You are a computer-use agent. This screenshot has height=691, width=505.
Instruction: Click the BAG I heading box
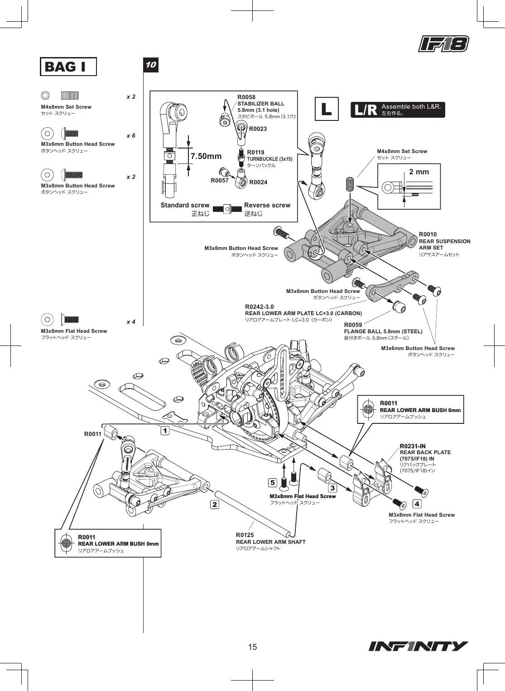(68, 67)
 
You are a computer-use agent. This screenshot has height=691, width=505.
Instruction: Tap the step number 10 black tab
(151, 65)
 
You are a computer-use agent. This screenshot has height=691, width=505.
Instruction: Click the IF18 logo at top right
(443, 44)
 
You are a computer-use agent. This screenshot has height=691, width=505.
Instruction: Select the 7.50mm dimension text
(206, 156)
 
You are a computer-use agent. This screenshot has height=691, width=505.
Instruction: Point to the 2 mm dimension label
(419, 172)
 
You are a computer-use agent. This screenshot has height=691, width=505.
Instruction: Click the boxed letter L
(327, 109)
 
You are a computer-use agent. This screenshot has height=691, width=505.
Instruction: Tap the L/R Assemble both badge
(398, 110)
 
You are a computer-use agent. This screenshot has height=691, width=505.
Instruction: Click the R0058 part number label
(246, 97)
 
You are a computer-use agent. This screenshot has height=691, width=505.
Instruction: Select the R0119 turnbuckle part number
(256, 153)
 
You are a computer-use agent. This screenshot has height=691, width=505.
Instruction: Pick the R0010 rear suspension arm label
(428, 235)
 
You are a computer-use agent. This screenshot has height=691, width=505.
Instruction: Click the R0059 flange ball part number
(353, 325)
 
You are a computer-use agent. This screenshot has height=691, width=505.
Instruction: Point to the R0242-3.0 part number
(259, 307)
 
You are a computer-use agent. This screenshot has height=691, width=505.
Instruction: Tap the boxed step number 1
(165, 430)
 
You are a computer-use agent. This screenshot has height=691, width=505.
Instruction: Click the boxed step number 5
(272, 482)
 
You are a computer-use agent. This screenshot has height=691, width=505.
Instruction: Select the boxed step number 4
(417, 504)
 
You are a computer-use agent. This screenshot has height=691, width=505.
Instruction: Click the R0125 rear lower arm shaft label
(245, 535)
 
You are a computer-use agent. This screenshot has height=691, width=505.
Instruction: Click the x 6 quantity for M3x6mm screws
(131, 136)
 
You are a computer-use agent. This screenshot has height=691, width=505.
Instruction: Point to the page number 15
(252, 647)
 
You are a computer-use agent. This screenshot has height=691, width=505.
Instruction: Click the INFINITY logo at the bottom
(418, 646)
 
